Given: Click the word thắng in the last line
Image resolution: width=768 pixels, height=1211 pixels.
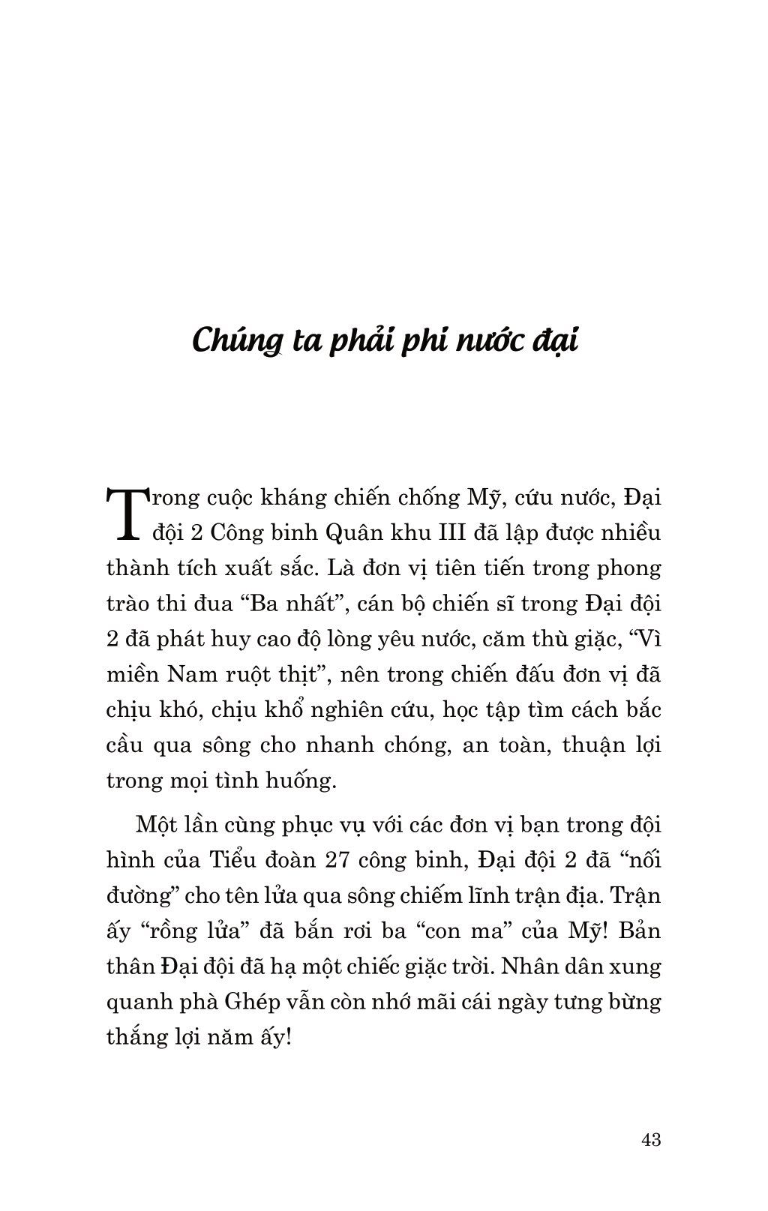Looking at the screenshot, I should click(137, 1039).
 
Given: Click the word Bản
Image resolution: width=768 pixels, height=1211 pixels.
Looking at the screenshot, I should click(638, 931).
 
